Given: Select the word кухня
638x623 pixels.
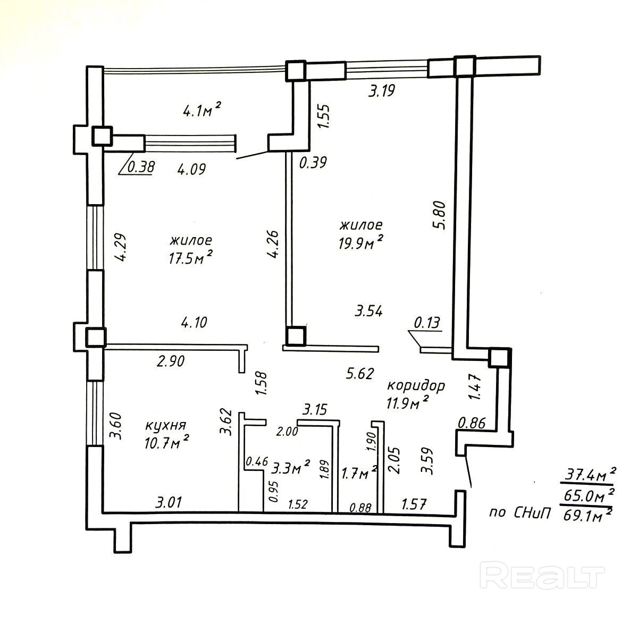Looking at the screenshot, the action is [165, 426].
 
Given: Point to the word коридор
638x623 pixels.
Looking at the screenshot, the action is [416, 385].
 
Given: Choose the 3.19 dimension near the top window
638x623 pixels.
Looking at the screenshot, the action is [382, 91].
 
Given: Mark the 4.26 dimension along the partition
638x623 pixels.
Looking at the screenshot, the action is [273, 243].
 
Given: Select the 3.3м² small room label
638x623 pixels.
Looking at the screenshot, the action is [290, 468].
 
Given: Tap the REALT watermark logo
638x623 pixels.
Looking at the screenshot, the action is [542, 576].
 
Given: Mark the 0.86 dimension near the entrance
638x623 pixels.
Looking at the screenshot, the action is [472, 424].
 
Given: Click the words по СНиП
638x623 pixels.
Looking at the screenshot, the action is [519, 513].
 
